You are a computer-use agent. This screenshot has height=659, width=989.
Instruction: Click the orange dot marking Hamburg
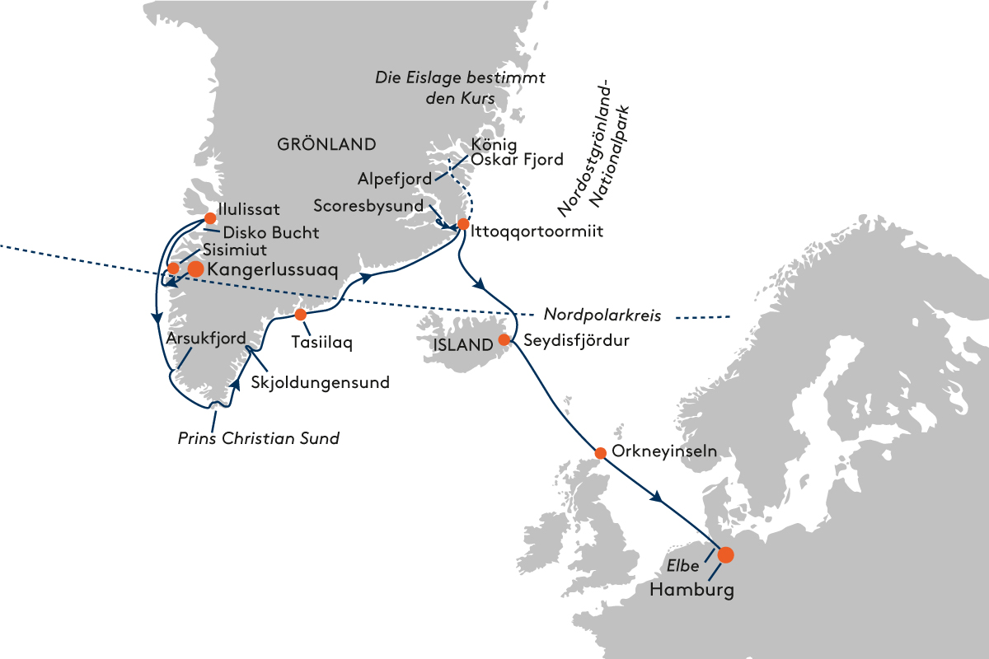725,555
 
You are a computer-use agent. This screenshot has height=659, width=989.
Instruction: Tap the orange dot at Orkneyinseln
601,453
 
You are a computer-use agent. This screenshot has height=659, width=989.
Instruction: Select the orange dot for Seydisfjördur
504,339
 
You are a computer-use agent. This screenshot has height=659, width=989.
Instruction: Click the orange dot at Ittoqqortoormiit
462,224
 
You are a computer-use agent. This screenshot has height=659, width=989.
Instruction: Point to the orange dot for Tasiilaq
300,315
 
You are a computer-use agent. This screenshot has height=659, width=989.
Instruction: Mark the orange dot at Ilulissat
210,218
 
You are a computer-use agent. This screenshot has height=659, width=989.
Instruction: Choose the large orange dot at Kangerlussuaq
195,269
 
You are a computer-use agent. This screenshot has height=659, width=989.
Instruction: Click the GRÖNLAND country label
326,144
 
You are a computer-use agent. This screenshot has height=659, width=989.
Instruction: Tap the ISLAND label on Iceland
463,344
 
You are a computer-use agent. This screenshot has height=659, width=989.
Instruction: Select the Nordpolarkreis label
602,315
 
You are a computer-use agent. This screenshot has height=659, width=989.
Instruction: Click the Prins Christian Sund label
258,438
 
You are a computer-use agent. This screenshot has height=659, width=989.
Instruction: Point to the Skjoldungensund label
320,382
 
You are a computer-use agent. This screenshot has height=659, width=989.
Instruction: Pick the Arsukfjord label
206,339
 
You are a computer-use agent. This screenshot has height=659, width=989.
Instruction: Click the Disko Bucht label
271,232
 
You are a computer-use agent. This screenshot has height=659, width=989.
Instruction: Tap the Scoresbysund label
368,206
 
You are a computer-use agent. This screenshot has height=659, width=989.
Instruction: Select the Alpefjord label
395,179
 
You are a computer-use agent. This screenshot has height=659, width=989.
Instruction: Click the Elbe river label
682,566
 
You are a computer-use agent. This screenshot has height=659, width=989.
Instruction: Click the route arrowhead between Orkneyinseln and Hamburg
657,497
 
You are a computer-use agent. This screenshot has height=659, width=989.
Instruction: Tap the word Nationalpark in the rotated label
609,157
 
